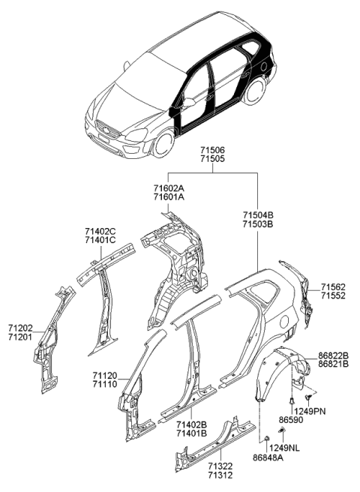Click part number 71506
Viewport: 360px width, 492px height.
212,150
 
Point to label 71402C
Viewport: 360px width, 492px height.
100,231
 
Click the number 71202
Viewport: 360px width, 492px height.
21,327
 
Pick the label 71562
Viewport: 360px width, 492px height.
334,287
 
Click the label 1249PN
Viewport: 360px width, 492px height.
330,412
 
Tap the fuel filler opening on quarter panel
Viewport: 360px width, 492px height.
285,324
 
